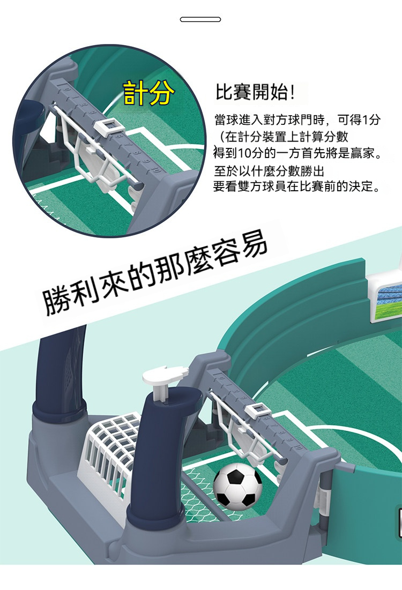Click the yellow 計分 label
[149, 93]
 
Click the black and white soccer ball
[238, 487]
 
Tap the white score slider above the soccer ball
[257, 410]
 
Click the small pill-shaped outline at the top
[200, 19]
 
